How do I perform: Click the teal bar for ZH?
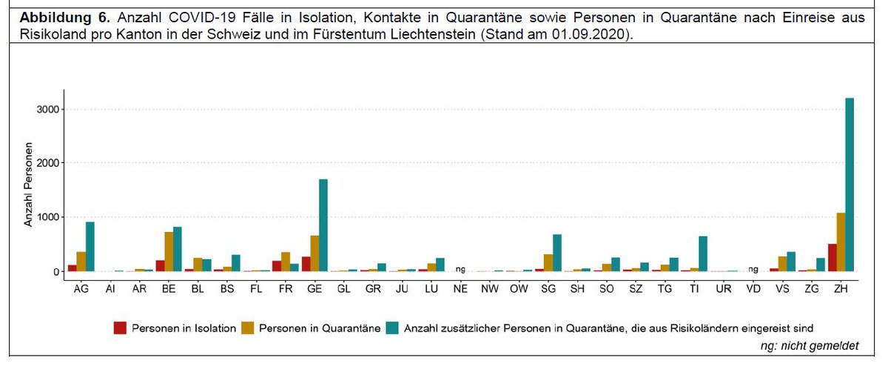click(x=849, y=185)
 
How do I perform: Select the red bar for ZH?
click(x=831, y=258)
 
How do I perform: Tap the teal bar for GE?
click(x=323, y=225)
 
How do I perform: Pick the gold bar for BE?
click(x=169, y=252)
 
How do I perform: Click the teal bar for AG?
click(x=90, y=247)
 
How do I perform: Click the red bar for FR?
click(x=276, y=266)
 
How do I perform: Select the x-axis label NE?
click(x=460, y=289)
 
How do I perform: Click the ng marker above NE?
click(x=460, y=269)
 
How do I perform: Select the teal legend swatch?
click(x=393, y=326)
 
